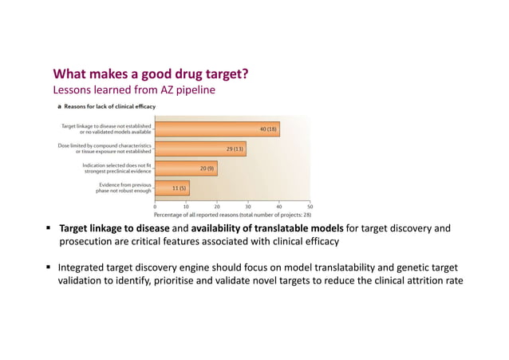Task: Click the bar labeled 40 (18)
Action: [216, 129]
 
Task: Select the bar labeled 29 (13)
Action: [200, 148]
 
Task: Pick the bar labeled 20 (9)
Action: [185, 168]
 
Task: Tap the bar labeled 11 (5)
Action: [172, 188]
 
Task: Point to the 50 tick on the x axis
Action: [310, 206]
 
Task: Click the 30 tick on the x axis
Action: [248, 206]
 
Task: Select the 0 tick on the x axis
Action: [155, 206]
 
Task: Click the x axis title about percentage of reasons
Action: [232, 215]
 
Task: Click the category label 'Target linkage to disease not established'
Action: [106, 126]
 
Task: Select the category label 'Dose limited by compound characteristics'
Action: [105, 145]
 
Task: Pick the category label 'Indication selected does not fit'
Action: [116, 165]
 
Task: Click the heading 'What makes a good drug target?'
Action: [150, 74]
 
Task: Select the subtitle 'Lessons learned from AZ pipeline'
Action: [133, 89]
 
